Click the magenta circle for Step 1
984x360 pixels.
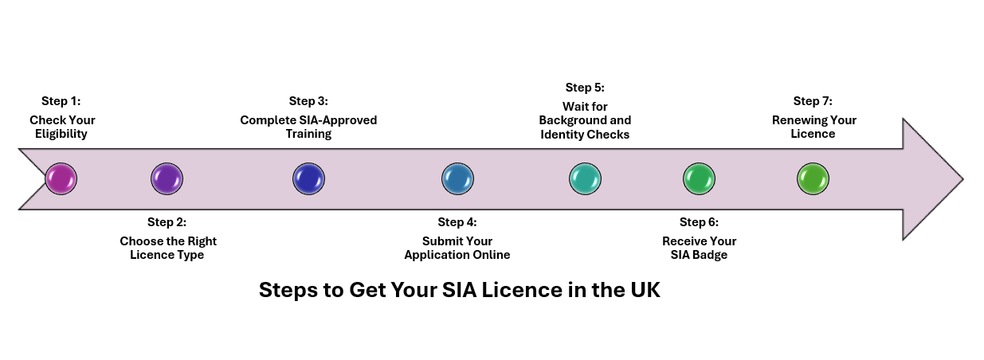(61, 178)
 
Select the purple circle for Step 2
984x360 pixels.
(167, 178)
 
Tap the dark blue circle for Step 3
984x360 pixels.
(308, 178)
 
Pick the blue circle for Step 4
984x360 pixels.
(457, 178)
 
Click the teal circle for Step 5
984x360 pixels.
(585, 178)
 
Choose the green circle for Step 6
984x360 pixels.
(699, 178)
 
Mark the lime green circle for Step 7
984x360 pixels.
(813, 178)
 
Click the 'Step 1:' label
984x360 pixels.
(61, 101)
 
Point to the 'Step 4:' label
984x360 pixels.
(457, 222)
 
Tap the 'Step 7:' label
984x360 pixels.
(813, 101)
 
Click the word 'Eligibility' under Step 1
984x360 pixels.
(61, 134)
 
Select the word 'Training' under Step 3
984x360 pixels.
(308, 134)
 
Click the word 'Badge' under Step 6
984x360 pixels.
(711, 255)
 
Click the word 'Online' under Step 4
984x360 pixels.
(492, 255)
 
